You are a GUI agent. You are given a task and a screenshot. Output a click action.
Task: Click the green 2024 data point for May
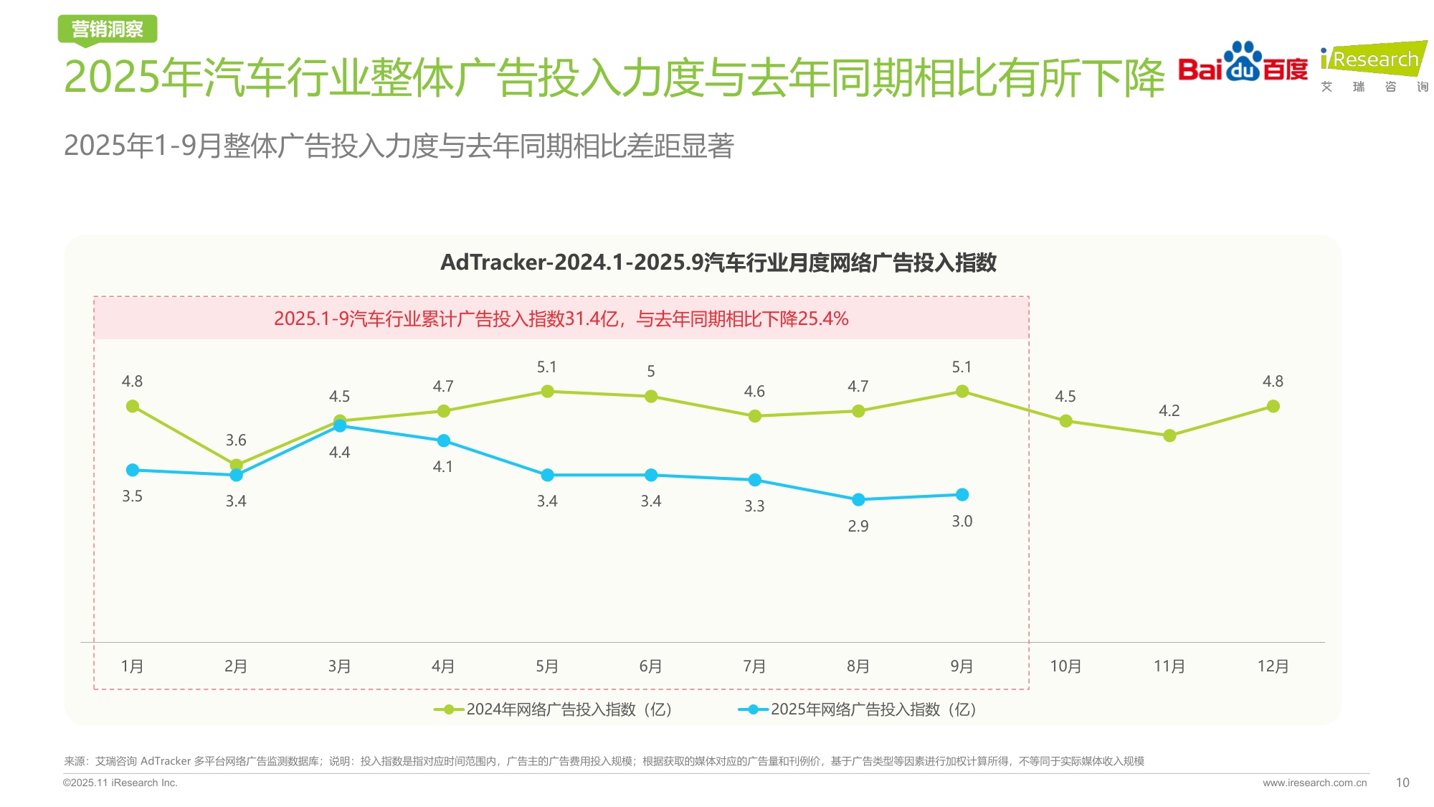(547, 391)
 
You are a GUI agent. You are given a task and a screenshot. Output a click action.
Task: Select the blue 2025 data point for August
(858, 499)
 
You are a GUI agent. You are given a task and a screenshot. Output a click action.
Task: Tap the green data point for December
(1273, 406)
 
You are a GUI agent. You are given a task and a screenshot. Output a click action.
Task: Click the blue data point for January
(133, 470)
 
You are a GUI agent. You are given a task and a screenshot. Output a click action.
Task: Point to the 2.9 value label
(858, 526)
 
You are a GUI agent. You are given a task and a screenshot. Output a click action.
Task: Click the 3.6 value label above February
(236, 440)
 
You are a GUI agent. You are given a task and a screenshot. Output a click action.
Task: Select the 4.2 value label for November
(1169, 410)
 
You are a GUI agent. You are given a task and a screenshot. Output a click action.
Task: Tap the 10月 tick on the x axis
(1065, 666)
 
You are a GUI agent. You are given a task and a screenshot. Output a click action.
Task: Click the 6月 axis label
(650, 666)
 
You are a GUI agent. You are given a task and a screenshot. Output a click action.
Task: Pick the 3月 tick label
(339, 666)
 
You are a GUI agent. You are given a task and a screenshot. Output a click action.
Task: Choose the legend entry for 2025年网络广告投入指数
(858, 709)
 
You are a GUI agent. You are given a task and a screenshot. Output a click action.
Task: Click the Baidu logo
(1243, 63)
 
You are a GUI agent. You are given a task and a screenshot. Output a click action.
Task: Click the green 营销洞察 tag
(108, 29)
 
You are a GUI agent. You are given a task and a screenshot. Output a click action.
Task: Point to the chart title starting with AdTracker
(718, 263)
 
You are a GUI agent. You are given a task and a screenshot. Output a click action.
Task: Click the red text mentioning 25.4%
(561, 318)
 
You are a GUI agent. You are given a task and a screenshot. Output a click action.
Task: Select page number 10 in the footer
(1402, 783)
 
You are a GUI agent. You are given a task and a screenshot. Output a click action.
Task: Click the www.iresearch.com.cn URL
(1314, 783)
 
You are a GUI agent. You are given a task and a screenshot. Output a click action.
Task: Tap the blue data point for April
(443, 440)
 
